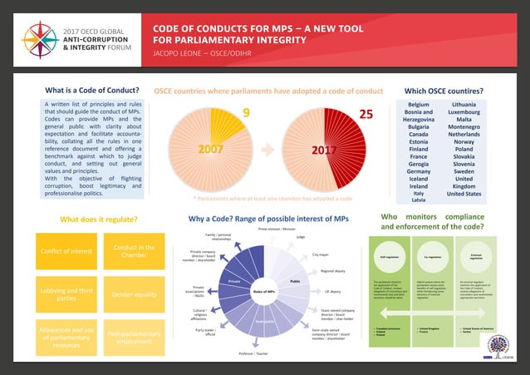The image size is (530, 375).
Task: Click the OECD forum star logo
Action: [37, 38]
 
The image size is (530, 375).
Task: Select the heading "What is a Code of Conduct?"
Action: [93, 91]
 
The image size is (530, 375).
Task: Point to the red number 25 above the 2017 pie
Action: [366, 113]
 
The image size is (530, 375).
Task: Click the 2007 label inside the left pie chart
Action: [210, 150]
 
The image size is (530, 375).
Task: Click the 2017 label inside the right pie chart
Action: [323, 150]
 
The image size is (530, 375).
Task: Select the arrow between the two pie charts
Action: [267, 150]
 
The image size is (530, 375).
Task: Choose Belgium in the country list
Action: [418, 104]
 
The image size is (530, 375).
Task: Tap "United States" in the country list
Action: [474, 194]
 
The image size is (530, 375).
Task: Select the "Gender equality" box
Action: [134, 294]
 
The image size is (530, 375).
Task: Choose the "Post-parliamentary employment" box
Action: [134, 337]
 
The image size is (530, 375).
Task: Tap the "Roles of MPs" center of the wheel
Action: [264, 292]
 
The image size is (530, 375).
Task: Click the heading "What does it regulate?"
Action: [99, 220]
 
